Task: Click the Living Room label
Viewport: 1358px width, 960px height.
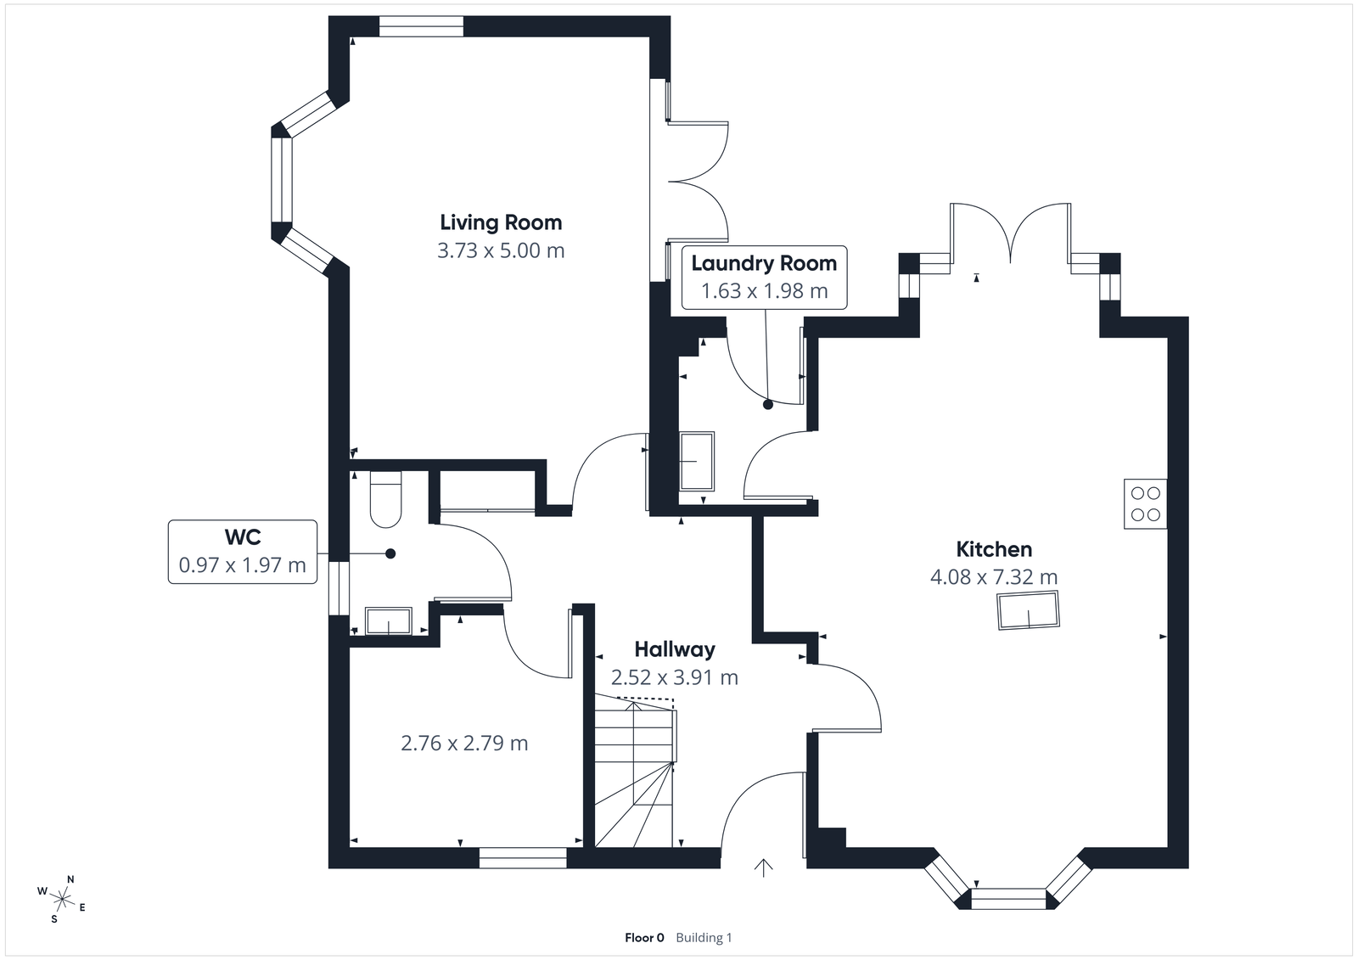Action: (501, 222)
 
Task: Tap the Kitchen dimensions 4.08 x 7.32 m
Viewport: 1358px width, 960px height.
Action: (994, 578)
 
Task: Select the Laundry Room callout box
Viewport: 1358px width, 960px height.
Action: (764, 277)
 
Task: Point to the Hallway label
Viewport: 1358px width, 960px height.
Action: (675, 649)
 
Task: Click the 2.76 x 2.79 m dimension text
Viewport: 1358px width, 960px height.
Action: (464, 744)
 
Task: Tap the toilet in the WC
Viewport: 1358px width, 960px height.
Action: (385, 499)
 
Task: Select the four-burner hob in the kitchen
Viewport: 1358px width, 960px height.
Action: (1145, 503)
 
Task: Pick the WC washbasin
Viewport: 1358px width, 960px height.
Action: (389, 620)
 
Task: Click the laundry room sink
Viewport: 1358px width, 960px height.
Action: (697, 461)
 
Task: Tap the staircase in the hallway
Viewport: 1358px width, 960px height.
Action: (634, 772)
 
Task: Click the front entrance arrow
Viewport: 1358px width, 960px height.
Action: (764, 867)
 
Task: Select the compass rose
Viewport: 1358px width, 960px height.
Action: (62, 898)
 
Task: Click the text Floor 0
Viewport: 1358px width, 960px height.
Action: (644, 938)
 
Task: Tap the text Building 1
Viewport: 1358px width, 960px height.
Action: (704, 938)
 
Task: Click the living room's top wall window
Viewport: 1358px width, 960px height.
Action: (421, 27)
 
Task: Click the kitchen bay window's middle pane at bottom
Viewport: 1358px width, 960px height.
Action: (1008, 898)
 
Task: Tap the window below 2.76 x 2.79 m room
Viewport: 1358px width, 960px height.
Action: (523, 858)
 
